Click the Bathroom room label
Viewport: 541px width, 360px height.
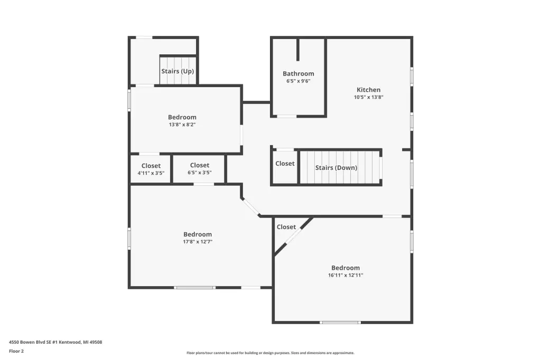pos(299,73)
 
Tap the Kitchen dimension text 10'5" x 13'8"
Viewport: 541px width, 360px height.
pos(368,97)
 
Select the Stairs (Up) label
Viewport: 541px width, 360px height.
pos(178,71)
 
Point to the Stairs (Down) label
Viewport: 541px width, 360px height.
pos(336,168)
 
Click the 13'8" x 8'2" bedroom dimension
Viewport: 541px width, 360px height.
pos(182,125)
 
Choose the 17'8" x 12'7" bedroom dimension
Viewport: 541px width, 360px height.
pos(198,242)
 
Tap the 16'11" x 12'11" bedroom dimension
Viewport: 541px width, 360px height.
pos(346,275)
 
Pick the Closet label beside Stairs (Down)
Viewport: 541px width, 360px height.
pos(285,164)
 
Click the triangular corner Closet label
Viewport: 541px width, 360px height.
pos(286,227)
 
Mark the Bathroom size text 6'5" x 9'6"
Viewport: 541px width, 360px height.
pos(299,81)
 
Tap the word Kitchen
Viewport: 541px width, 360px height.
pos(368,90)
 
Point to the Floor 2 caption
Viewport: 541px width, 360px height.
pos(16,352)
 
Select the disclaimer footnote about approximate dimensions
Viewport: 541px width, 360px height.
pos(270,353)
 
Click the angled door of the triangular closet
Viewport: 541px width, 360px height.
pos(294,236)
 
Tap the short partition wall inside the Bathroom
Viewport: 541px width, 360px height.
pos(298,50)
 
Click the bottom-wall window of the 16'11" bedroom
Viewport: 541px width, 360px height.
pos(340,323)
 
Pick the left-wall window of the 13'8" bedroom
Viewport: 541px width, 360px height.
pos(129,100)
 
